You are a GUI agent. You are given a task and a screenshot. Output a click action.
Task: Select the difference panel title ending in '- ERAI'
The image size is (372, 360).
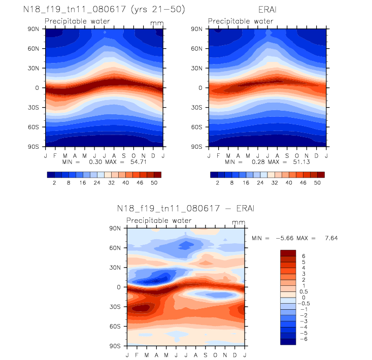tap(185, 209)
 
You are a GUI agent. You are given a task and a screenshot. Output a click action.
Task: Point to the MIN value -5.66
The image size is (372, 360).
tap(281, 238)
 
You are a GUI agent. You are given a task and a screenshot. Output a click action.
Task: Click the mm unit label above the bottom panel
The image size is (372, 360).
tap(238, 222)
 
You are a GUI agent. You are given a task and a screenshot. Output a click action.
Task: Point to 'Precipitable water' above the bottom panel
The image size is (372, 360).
tap(159, 220)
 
